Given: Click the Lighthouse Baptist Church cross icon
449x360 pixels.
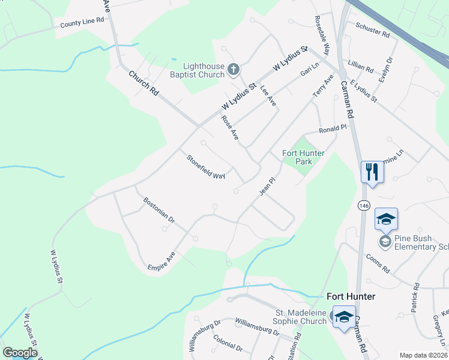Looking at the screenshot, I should [234, 70].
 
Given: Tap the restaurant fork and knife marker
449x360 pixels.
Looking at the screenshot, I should [372, 172].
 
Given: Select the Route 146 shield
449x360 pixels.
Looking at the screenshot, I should [364, 205].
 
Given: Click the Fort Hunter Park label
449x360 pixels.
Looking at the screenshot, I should [304, 157].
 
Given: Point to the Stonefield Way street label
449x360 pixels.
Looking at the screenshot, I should [205, 167].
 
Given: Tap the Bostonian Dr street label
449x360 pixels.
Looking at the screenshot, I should [158, 211].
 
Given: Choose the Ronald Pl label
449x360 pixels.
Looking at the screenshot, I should [333, 129].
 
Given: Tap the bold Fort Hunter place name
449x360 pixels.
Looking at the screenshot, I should [351, 296].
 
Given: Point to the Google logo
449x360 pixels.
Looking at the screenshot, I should [20, 353].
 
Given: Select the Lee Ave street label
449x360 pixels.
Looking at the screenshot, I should [268, 97].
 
